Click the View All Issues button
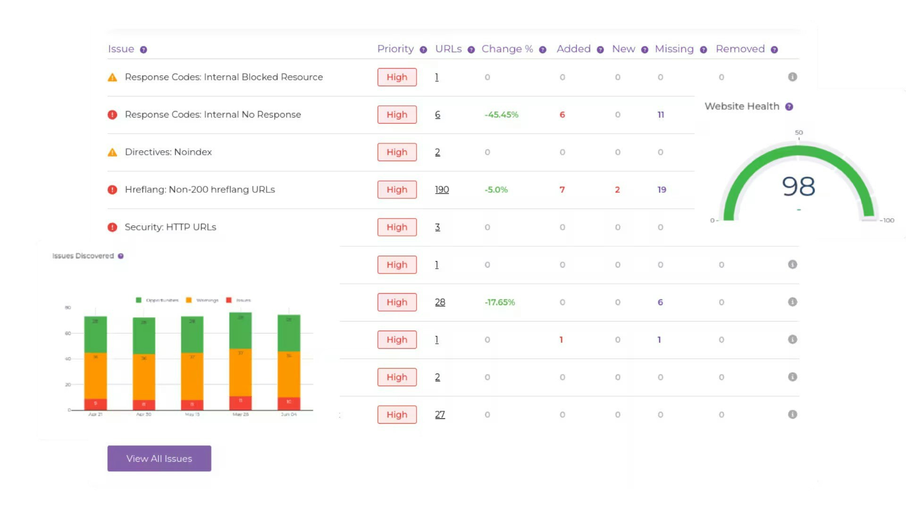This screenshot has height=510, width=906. pyautogui.click(x=159, y=459)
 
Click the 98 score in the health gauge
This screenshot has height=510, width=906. pyautogui.click(x=798, y=187)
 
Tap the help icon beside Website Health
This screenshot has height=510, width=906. pyautogui.click(x=789, y=107)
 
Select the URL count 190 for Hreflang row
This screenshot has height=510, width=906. pyautogui.click(x=442, y=190)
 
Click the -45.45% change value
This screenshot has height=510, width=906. pyautogui.click(x=501, y=115)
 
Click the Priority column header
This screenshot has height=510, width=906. pyautogui.click(x=395, y=49)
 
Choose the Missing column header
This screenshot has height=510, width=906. pyautogui.click(x=674, y=49)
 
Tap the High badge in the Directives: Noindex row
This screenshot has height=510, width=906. pyautogui.click(x=397, y=152)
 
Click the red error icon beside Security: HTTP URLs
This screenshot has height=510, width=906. pyautogui.click(x=112, y=227)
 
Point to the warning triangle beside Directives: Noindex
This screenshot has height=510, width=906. pyautogui.click(x=112, y=152)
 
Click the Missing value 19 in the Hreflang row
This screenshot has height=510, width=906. pyautogui.click(x=662, y=190)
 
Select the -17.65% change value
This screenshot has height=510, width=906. pyautogui.click(x=500, y=302)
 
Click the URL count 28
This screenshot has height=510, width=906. pyautogui.click(x=440, y=302)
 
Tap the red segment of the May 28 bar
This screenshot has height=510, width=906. pyautogui.click(x=240, y=403)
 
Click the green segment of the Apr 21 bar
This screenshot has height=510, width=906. pyautogui.click(x=95, y=334)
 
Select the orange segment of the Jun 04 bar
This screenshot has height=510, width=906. pyautogui.click(x=289, y=374)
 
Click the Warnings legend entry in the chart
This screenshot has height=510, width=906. pyautogui.click(x=202, y=300)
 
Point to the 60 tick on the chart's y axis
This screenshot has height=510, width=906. pyautogui.click(x=68, y=333)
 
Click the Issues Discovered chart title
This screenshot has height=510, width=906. pyautogui.click(x=83, y=256)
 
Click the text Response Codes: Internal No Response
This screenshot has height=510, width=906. pyautogui.click(x=213, y=115)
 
